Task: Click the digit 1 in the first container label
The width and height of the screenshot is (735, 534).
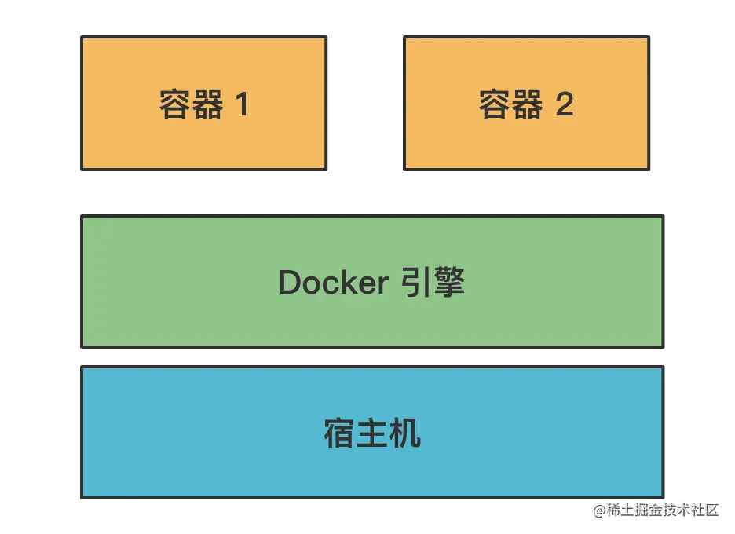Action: pos(241,104)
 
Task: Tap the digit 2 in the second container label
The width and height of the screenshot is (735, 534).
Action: pos(565,104)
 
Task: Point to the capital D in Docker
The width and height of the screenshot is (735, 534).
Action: pos(290,283)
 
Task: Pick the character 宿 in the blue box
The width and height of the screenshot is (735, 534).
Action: pos(339,433)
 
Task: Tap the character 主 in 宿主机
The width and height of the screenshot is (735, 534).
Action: pos(372,433)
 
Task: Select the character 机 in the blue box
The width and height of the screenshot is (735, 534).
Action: pos(405,433)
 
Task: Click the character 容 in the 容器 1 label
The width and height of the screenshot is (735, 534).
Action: pos(175,104)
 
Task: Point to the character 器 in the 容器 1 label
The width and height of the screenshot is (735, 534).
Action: pos(207,104)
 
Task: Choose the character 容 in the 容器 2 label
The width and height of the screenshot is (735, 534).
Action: pos(495,104)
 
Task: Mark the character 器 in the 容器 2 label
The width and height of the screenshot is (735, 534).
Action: pos(527,104)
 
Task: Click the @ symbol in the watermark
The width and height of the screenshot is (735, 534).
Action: pos(601,510)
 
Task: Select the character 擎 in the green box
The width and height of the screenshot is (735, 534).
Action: pos(448,282)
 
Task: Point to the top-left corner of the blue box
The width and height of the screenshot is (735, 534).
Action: pos(82,367)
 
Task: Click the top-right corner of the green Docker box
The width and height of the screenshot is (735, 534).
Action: pos(663,216)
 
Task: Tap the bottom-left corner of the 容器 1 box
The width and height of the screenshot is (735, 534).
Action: pos(82,169)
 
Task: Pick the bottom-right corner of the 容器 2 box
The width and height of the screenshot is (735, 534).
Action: pos(649,169)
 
